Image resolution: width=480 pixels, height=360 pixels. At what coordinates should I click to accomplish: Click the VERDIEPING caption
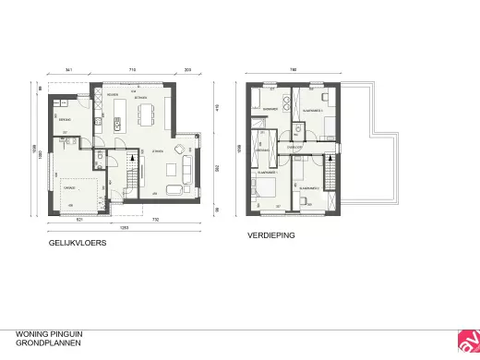[270, 236]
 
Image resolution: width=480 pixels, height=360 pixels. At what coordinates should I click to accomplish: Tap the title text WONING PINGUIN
[44, 335]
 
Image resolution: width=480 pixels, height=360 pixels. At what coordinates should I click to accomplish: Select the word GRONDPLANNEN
[42, 343]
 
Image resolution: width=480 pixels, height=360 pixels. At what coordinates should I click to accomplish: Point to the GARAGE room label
[67, 185]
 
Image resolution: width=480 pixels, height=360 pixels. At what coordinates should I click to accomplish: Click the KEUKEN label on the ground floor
[111, 95]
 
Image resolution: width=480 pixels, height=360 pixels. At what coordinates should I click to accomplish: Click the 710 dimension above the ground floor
[133, 70]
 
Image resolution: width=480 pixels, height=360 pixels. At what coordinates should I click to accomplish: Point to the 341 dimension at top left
[69, 70]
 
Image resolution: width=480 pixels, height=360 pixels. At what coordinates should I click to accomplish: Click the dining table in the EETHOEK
[143, 114]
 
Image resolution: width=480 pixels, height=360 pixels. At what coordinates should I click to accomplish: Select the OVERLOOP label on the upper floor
[295, 145]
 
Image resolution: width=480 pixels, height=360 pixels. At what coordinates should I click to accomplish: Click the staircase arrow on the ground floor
[134, 171]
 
